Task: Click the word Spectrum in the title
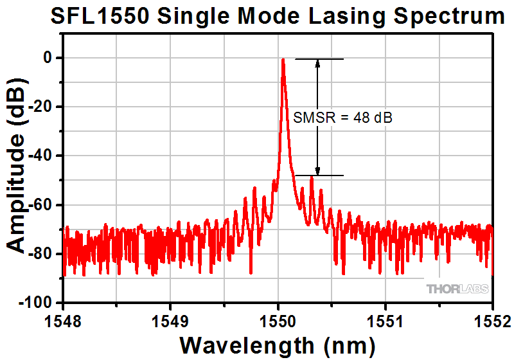click(441, 17)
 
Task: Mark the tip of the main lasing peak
click(283, 59)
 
